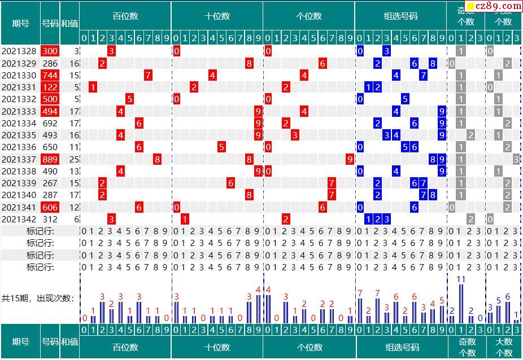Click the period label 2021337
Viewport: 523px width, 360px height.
19,160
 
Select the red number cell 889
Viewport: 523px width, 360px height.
50,160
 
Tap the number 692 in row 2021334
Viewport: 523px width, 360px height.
50,124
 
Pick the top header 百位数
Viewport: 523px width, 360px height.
125,16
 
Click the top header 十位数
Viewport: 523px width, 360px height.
217,16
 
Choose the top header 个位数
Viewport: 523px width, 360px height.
309,16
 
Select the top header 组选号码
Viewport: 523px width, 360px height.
400,16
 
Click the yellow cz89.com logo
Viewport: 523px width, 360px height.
494,7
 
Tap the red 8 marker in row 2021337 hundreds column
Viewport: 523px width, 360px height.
157,160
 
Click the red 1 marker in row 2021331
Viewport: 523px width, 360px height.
93,87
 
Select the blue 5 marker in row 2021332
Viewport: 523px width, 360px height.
405,99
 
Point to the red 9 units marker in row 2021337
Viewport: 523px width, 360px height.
350,160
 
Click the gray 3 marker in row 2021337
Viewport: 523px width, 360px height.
516,160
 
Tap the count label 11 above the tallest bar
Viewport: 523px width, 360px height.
461,279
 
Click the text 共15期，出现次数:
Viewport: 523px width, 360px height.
38,298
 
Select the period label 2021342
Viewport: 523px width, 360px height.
19,219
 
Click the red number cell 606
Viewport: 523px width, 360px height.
50,208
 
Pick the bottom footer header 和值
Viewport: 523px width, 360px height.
69,341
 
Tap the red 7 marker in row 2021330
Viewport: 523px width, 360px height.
148,76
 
